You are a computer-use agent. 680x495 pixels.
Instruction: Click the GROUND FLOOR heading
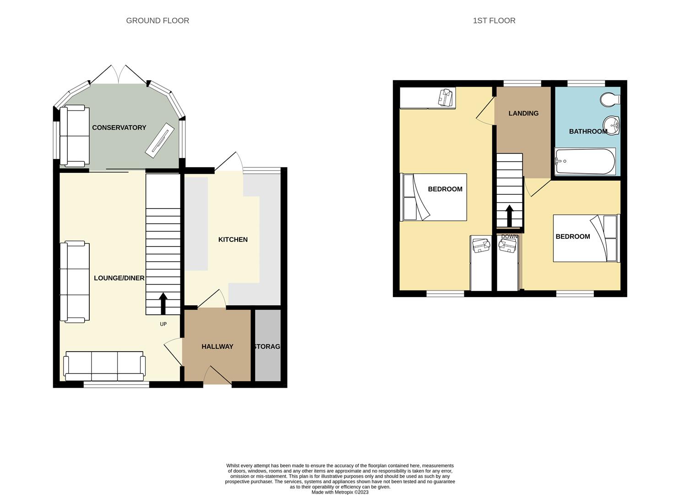pyautogui.click(x=158, y=21)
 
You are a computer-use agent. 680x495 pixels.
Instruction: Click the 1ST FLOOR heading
pyautogui.click(x=494, y=21)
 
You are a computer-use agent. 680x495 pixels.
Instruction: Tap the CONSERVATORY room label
pyautogui.click(x=119, y=127)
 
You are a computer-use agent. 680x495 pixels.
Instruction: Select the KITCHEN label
pyautogui.click(x=233, y=240)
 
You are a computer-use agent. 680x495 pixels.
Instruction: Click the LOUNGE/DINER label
pyautogui.click(x=119, y=278)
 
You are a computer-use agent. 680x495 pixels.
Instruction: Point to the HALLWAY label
pyautogui.click(x=218, y=346)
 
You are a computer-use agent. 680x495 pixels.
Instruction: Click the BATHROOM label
pyautogui.click(x=588, y=132)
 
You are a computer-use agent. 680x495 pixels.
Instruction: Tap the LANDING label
pyautogui.click(x=523, y=113)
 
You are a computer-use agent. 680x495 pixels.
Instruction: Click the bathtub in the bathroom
pyautogui.click(x=585, y=161)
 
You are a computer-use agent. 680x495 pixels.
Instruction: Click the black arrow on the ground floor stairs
pyautogui.click(x=163, y=303)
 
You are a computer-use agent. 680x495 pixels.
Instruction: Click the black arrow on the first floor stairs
pyautogui.click(x=509, y=215)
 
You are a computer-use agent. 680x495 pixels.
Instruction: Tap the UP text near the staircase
pyautogui.click(x=163, y=324)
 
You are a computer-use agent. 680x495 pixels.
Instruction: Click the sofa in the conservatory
pyautogui.click(x=74, y=136)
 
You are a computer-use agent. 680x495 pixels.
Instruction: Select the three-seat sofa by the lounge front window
pyautogui.click(x=104, y=366)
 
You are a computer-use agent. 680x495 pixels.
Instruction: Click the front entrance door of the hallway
pyautogui.click(x=218, y=376)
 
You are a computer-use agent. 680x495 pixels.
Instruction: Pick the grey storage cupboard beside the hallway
pyautogui.click(x=267, y=346)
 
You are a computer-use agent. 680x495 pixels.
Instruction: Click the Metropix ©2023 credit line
pyautogui.click(x=340, y=492)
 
